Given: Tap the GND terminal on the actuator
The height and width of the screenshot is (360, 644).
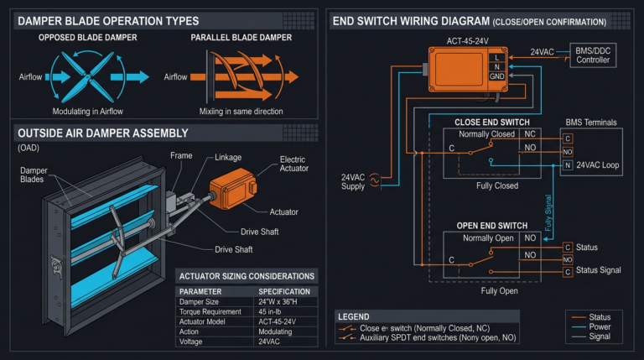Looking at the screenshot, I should point(497,76).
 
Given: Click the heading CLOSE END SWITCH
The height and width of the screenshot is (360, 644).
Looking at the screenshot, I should point(491,123).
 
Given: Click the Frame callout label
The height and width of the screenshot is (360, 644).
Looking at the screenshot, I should point(181,155).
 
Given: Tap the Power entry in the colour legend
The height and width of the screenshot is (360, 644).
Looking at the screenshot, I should point(600,326).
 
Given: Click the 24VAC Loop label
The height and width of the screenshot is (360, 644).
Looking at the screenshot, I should point(599,165).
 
